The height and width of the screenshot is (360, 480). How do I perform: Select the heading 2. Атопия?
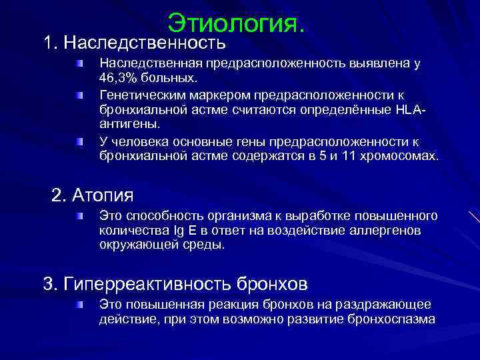coord(93,195)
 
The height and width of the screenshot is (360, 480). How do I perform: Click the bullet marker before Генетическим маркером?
coord(79,95)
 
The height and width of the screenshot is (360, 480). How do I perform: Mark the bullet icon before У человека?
coord(79,141)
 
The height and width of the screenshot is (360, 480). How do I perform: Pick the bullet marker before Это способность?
coord(79,216)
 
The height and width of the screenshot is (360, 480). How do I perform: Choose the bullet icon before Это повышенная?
coord(79,305)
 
